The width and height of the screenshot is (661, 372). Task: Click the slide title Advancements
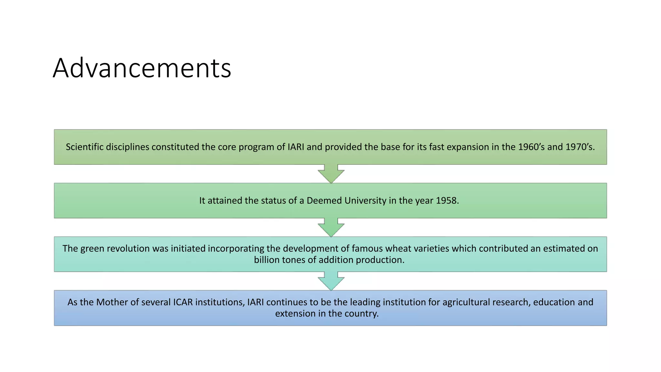click(142, 68)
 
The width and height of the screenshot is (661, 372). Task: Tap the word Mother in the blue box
click(112, 302)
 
